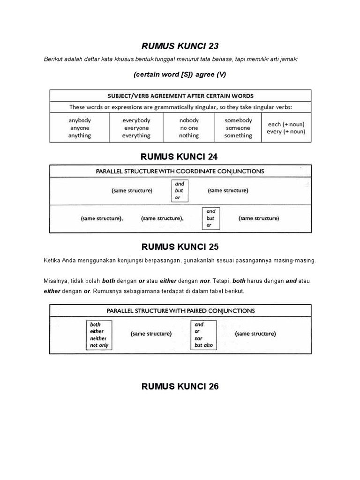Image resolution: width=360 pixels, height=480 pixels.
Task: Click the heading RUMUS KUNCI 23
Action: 180,46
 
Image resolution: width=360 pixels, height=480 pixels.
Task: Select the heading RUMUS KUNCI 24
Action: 180,156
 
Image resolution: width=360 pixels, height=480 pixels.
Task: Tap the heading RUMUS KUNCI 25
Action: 180,247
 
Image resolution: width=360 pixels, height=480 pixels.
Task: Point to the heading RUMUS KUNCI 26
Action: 180,386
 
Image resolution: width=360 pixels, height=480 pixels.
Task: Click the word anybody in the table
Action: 80,120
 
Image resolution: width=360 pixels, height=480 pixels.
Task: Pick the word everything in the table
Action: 136,135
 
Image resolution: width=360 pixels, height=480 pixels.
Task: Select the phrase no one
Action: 189,128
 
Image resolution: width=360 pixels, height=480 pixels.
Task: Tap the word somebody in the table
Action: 238,120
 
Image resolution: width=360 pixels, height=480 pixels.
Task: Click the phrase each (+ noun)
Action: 285,124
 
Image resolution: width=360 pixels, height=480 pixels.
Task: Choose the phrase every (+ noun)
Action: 285,132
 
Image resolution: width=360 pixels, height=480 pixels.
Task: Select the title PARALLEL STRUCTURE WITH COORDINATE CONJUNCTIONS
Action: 180,171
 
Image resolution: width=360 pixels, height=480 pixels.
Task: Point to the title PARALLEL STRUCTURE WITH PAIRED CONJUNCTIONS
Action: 180,310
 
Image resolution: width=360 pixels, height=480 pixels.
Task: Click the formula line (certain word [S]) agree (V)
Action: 180,75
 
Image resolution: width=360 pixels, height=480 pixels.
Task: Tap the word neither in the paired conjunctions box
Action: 98,338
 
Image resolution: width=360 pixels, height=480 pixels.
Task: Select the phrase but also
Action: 203,345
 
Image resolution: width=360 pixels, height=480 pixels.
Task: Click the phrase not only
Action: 99,345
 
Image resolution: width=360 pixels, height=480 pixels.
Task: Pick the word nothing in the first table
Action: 189,135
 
